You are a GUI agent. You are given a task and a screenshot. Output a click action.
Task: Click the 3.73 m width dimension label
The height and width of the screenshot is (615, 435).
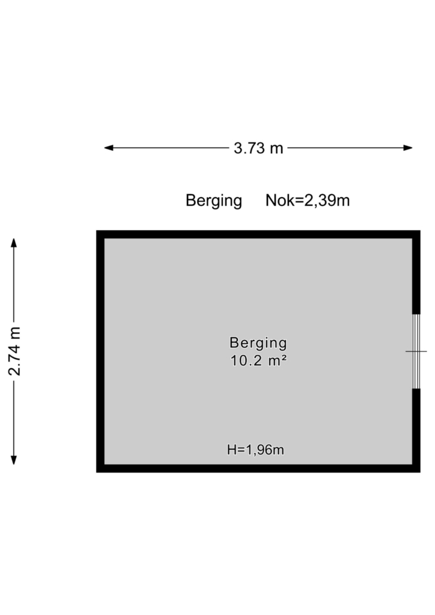258,148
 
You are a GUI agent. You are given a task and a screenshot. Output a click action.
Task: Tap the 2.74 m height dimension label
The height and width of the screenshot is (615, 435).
14,351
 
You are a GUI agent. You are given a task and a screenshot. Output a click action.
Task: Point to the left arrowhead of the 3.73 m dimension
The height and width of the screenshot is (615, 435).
109,148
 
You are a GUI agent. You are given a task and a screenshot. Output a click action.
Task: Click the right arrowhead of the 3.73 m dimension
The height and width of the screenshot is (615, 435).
407,148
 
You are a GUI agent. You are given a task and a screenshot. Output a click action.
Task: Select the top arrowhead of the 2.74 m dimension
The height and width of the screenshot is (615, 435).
14,243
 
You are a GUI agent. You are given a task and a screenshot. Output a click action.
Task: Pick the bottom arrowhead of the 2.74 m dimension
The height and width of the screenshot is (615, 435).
14,460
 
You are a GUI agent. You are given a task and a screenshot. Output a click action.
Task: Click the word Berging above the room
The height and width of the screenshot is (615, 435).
214,201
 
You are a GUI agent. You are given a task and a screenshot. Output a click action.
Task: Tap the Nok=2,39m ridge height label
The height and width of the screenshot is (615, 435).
308,201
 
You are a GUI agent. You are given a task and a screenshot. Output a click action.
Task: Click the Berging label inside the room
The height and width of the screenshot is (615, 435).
258,343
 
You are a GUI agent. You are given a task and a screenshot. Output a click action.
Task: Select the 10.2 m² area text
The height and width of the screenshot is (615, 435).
258,360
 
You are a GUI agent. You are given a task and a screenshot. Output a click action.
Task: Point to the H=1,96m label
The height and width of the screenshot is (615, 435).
255,449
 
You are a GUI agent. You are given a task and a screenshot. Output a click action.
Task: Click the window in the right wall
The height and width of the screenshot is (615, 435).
416,351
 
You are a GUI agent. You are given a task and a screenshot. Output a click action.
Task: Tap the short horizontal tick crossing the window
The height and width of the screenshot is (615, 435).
416,351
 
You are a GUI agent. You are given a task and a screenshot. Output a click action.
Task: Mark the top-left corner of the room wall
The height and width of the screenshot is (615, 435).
97,231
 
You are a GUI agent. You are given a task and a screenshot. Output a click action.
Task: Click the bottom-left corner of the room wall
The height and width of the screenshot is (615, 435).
97,472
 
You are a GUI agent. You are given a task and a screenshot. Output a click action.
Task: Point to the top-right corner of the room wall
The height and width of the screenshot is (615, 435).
420,231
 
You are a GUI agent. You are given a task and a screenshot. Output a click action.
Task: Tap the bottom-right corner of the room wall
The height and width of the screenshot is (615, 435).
420,472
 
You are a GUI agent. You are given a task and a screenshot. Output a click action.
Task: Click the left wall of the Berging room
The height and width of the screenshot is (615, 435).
100,351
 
